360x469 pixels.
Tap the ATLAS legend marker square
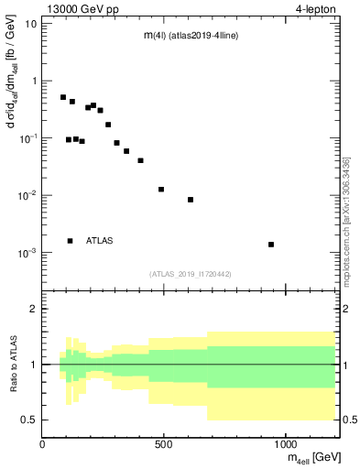click(70, 241)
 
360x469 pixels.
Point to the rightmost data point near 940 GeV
click(271, 245)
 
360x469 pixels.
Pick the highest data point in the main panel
click(63, 97)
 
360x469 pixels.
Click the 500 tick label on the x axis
click(164, 444)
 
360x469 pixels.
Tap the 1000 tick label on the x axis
click(286, 444)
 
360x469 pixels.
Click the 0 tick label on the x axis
click(42, 444)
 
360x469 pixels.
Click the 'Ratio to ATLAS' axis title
click(12, 365)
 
